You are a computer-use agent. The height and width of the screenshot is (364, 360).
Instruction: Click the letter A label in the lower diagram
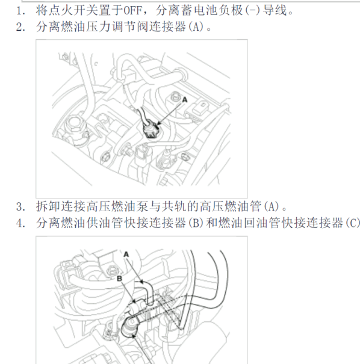tap(127, 254)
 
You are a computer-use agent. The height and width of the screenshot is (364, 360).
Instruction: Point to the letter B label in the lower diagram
tap(120, 279)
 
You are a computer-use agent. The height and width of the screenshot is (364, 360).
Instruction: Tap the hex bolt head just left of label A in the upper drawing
tap(175, 96)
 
